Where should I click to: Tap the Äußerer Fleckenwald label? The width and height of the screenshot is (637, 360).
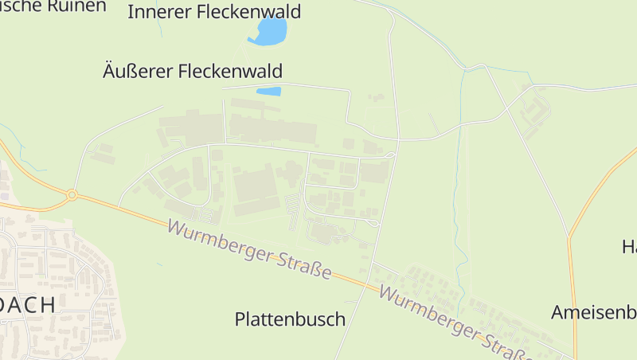pyautogui.click(x=193, y=70)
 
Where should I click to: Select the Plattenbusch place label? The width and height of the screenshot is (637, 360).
pyautogui.click(x=290, y=319)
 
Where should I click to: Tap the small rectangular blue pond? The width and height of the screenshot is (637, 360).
pyautogui.click(x=268, y=92)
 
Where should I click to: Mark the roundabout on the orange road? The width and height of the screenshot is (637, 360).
pyautogui.click(x=72, y=194)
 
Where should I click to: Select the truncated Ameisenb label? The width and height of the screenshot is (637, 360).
pyautogui.click(x=594, y=311)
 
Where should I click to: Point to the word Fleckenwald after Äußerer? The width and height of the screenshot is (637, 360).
pyautogui.click(x=231, y=70)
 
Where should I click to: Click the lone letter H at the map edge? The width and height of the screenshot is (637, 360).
pyautogui.click(x=629, y=247)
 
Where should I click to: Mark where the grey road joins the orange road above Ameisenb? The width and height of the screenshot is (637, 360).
pyautogui.click(x=569, y=237)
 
